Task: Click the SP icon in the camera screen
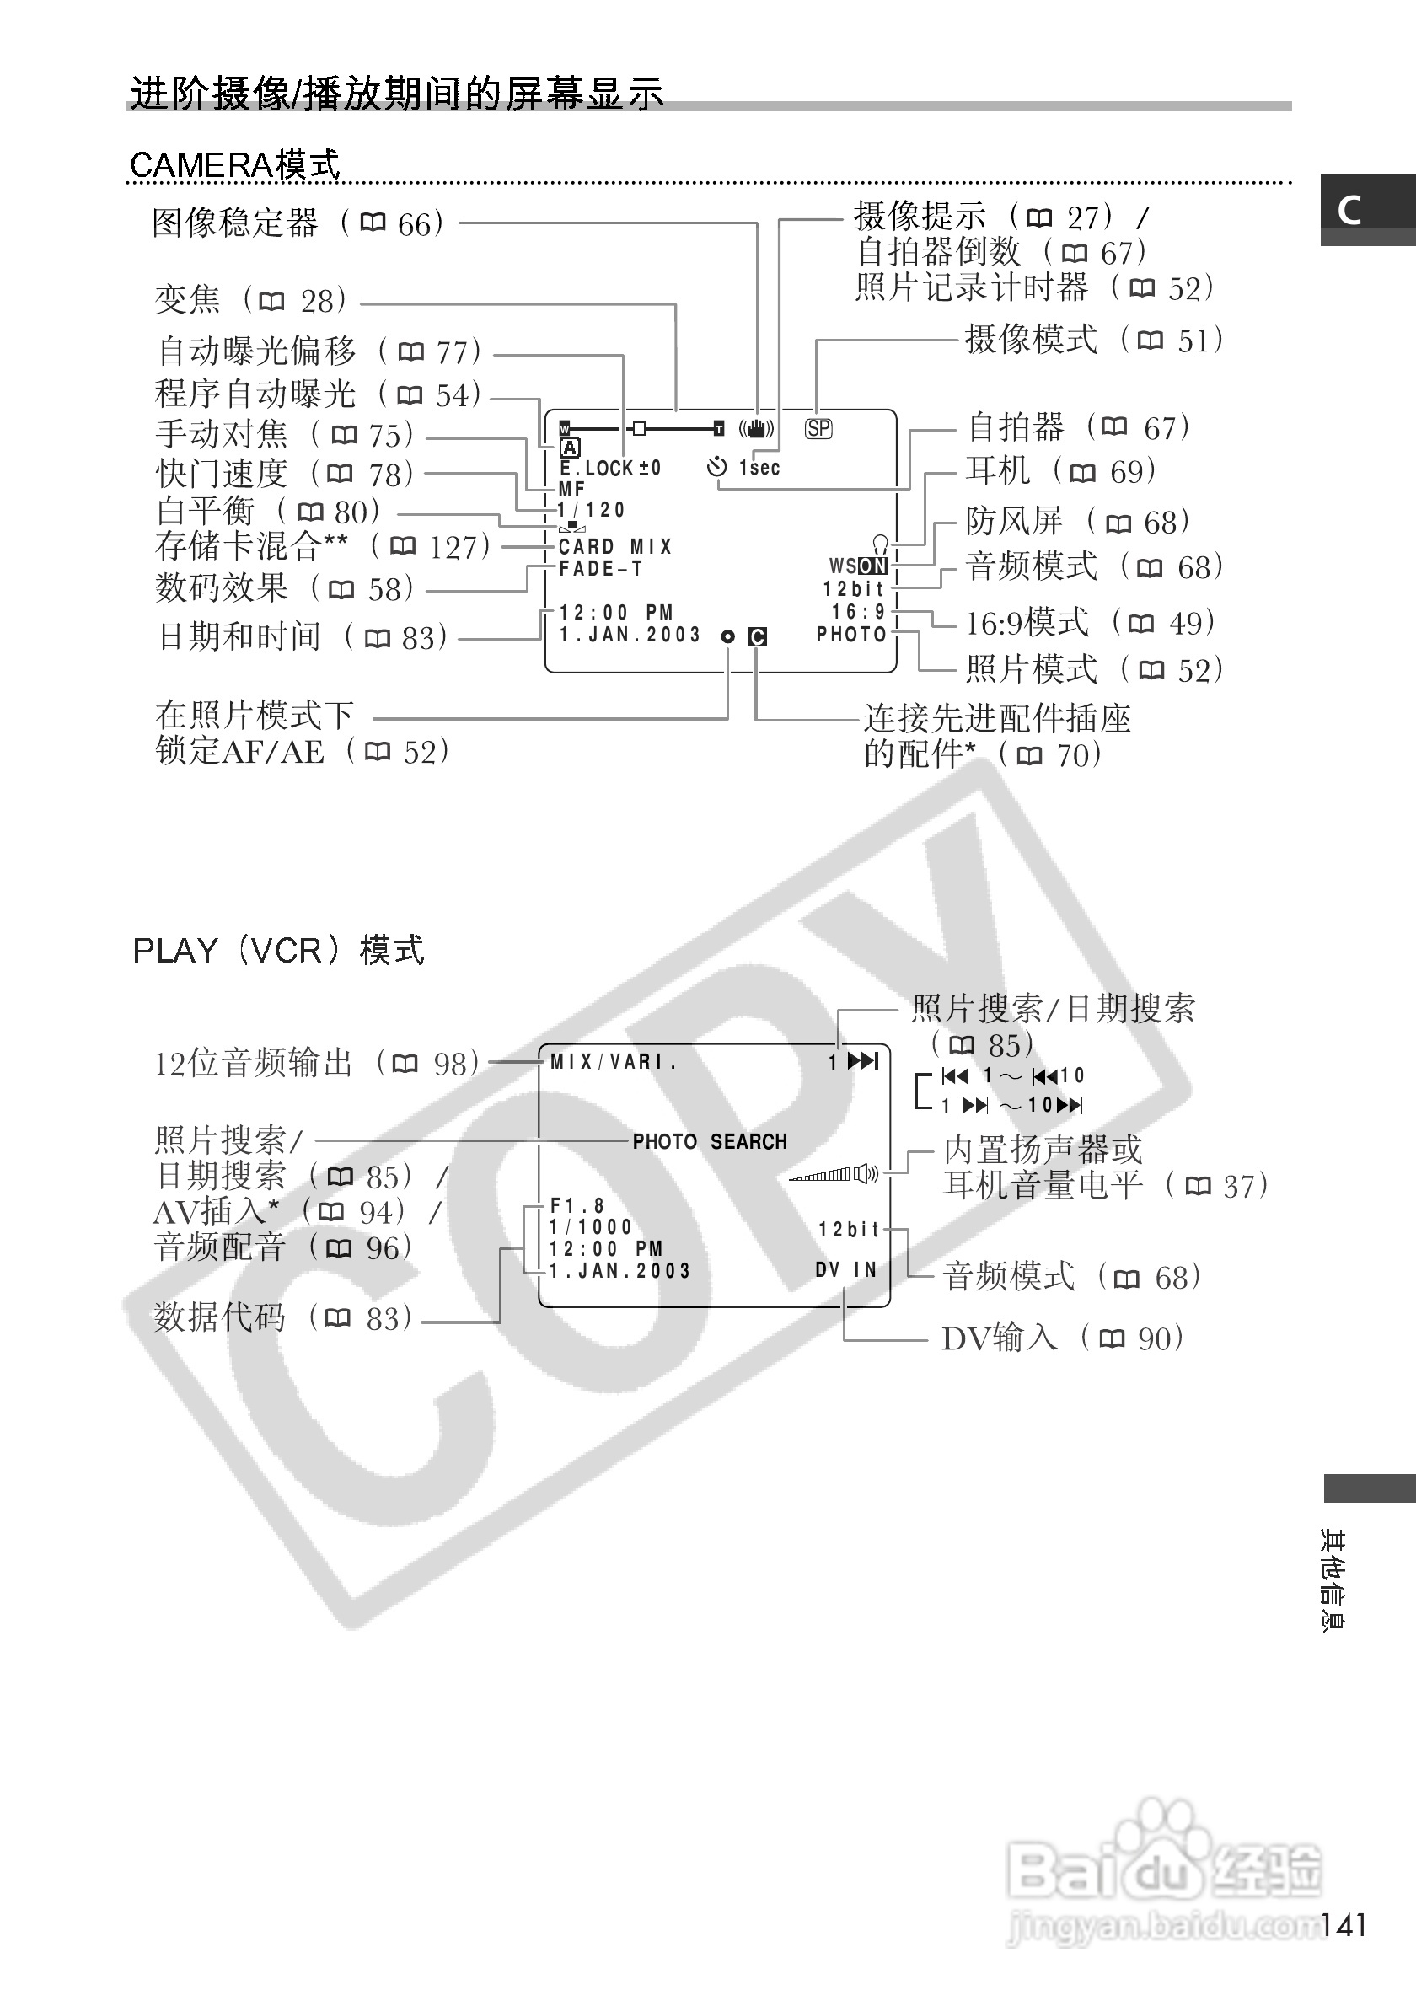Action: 818,429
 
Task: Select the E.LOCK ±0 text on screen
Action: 609,469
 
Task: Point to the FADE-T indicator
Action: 601,569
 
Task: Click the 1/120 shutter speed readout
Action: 592,509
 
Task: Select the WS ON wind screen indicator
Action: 858,566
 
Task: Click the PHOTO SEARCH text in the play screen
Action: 710,1142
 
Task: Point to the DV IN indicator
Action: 845,1269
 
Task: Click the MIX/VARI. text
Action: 614,1061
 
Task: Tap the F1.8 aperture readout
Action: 577,1205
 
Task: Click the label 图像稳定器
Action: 235,223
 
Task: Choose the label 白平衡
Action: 206,511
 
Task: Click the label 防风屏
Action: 1014,522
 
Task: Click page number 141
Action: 1343,1925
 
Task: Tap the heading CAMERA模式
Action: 234,164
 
